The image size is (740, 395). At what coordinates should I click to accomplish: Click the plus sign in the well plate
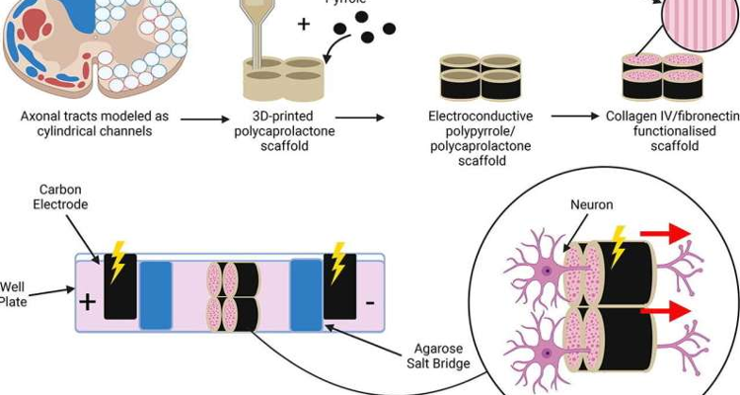[88, 299]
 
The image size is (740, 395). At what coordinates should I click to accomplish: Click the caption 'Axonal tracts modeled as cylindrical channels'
[95, 123]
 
